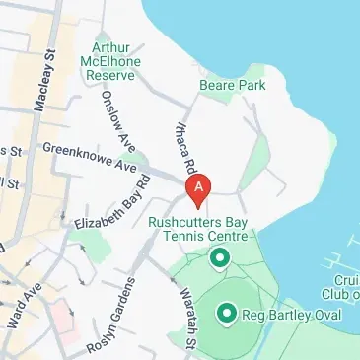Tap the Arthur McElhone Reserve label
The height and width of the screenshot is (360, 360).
(111, 60)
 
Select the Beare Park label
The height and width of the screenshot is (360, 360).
(232, 86)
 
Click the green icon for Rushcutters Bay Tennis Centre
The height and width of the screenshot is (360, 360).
(219, 259)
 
